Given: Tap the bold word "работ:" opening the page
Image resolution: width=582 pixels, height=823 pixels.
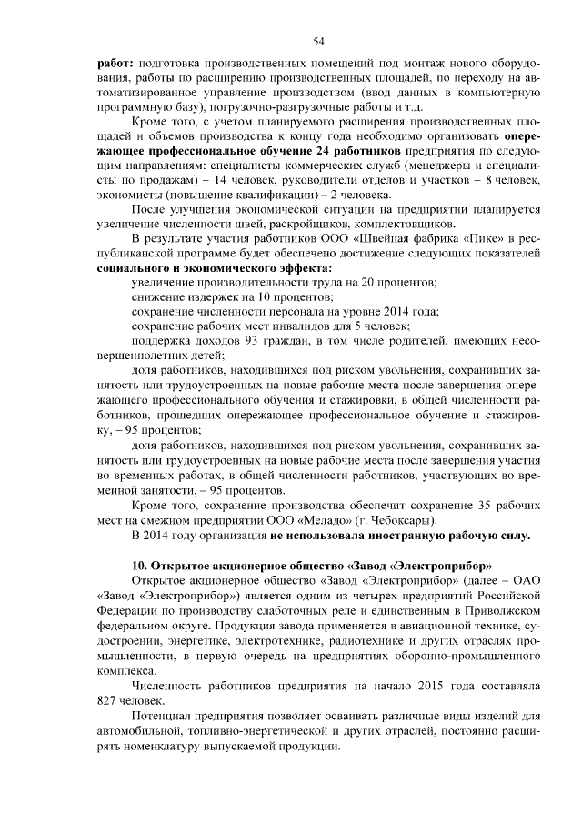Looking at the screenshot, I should [115, 64].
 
